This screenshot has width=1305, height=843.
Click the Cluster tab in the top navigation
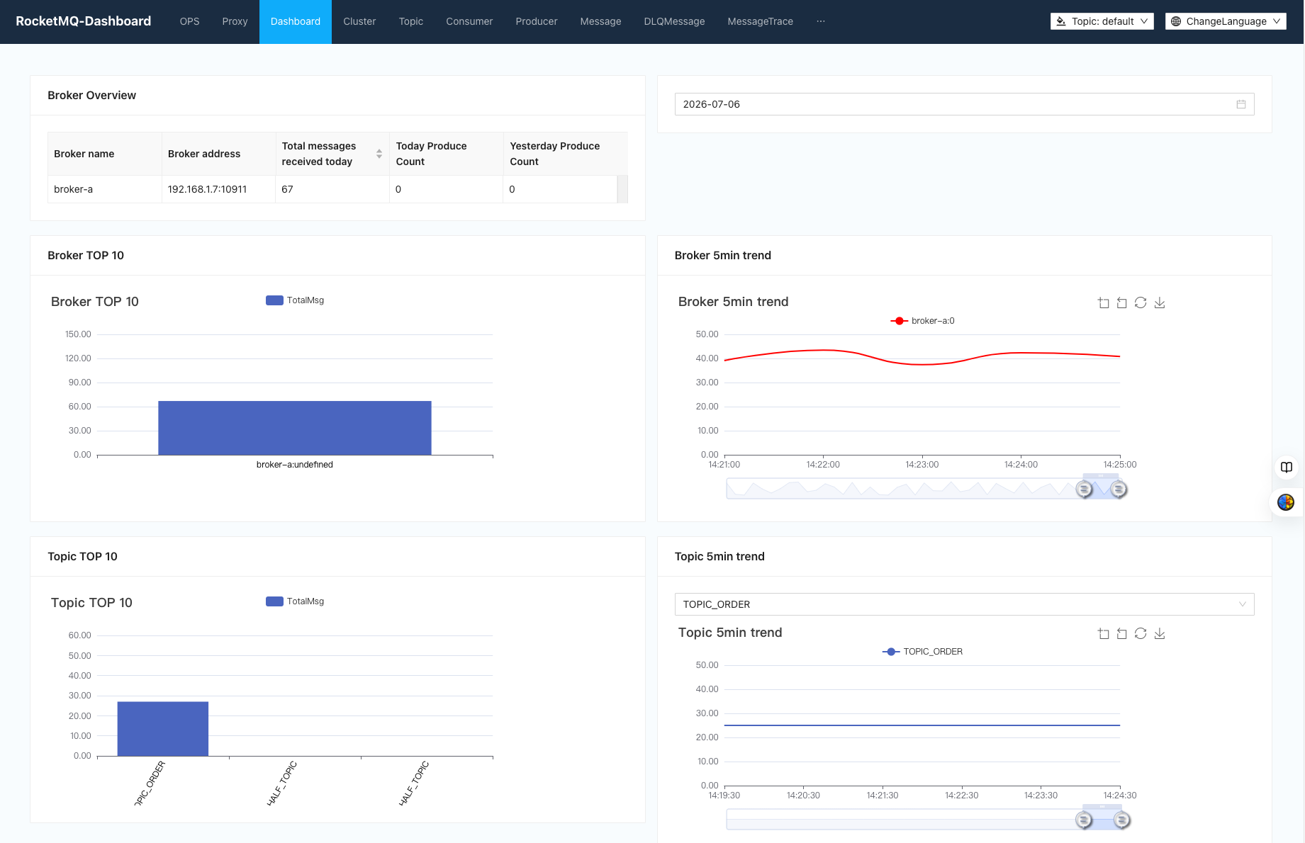[359, 21]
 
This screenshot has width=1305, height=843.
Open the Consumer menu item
[469, 21]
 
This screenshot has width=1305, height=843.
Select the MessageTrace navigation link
[760, 21]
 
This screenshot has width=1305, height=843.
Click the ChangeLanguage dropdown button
[1226, 21]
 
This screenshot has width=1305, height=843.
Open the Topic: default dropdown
[1102, 21]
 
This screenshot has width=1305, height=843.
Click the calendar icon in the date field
[1241, 104]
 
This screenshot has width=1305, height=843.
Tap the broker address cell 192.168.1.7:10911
[208, 189]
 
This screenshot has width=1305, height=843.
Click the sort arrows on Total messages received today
[379, 154]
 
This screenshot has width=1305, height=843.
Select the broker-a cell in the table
[74, 189]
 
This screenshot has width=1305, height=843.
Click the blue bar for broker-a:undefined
[295, 428]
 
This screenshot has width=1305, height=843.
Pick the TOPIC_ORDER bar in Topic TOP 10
[163, 729]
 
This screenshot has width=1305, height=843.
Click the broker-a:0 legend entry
[923, 321]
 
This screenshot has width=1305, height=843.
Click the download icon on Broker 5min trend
[1160, 302]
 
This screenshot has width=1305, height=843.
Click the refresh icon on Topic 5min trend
[1141, 633]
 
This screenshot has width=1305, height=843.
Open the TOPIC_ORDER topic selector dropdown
[964, 604]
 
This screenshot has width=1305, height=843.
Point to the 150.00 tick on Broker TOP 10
[78, 334]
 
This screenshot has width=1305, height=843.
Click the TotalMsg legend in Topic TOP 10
[295, 601]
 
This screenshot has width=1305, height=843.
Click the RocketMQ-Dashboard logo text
[84, 21]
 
